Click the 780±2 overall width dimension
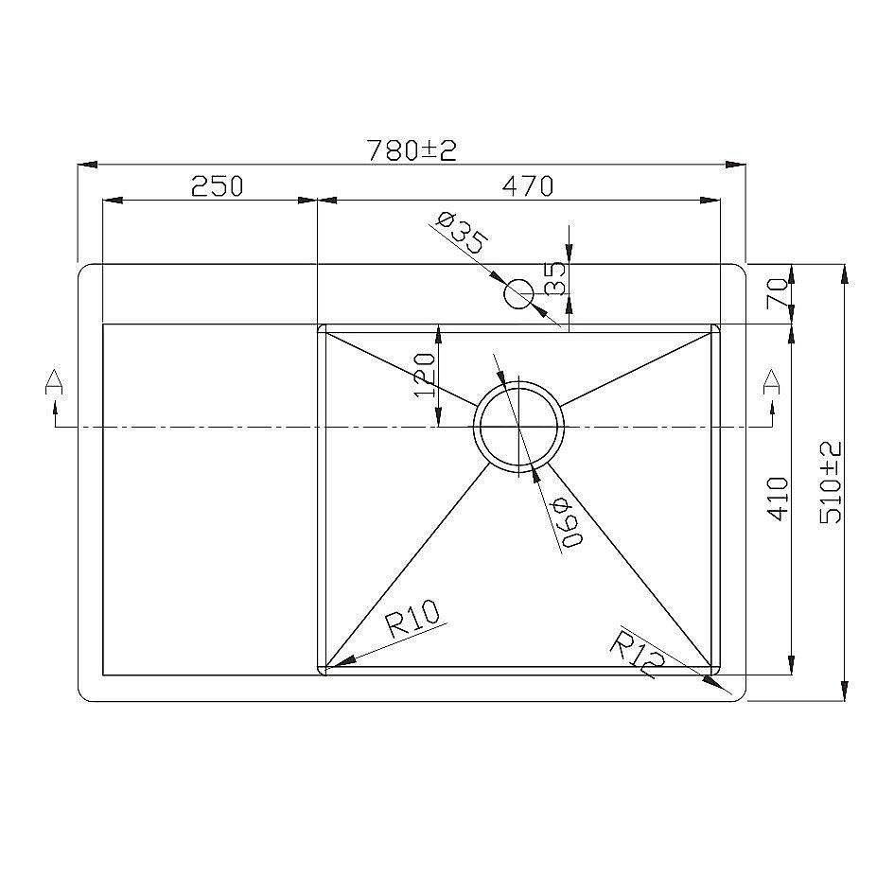coord(412,149)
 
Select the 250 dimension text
coord(218,186)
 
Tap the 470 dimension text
coord(527,186)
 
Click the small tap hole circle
coord(518,294)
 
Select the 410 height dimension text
coord(777,498)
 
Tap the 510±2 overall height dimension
coord(832,482)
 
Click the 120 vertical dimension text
coord(425,376)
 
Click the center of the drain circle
coord(518,427)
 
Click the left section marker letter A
coord(55,381)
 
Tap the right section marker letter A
coord(772,381)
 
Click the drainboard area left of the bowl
coord(208,501)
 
